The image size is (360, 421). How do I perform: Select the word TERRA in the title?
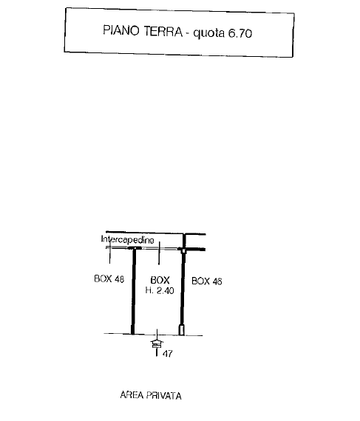(163, 32)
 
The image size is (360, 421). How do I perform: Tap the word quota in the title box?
(208, 33)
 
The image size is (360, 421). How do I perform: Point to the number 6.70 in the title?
(240, 33)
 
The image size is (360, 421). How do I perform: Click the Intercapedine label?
(128, 239)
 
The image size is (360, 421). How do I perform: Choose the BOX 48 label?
(109, 278)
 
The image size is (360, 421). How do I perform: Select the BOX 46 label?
(206, 281)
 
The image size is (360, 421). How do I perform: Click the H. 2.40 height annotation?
(160, 290)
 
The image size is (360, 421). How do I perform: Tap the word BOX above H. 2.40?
(160, 280)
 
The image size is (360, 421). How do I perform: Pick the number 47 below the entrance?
(167, 354)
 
